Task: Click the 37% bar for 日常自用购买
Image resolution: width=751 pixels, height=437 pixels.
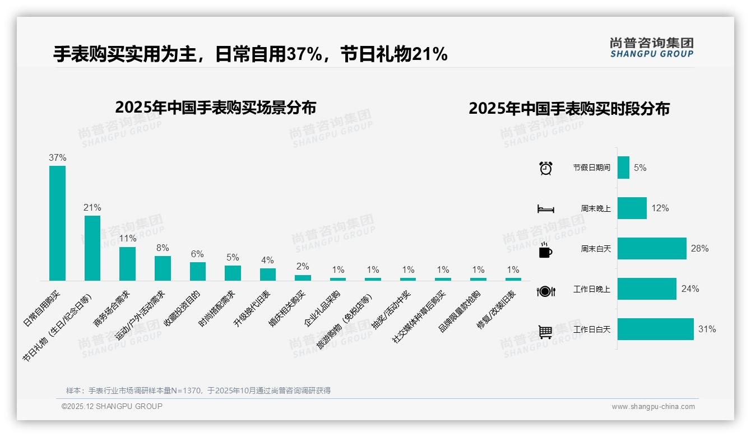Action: coord(57,223)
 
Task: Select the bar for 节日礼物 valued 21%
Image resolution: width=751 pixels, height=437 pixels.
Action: coord(92,248)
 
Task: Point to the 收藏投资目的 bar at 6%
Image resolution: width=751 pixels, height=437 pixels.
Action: coord(198,271)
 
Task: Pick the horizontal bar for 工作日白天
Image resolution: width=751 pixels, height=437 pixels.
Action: coord(655,329)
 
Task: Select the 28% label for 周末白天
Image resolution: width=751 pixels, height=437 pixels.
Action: coord(699,248)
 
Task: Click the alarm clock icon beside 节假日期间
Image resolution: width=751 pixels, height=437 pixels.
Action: coord(545,168)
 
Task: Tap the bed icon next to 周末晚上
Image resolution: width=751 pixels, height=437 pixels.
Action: coord(545,208)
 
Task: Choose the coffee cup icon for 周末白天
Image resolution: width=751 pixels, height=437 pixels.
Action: coord(545,249)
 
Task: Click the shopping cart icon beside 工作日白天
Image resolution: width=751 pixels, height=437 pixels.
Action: coord(545,332)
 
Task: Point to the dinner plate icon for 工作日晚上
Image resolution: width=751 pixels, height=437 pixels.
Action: coord(545,291)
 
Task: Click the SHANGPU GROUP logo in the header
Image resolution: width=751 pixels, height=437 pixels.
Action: coord(651,47)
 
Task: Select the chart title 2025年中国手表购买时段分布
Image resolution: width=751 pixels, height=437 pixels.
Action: coord(569,108)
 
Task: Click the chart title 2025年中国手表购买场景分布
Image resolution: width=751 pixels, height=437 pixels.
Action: coord(215,107)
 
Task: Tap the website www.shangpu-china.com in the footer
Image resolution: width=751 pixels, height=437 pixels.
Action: coord(653,407)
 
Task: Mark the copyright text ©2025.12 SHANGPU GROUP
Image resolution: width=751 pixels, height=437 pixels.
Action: coord(112,406)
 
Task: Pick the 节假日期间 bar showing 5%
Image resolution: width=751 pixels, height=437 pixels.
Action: coord(623,168)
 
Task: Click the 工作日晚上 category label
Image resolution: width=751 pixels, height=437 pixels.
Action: coord(592,289)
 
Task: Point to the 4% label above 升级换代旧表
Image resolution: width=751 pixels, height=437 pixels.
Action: coord(267,260)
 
